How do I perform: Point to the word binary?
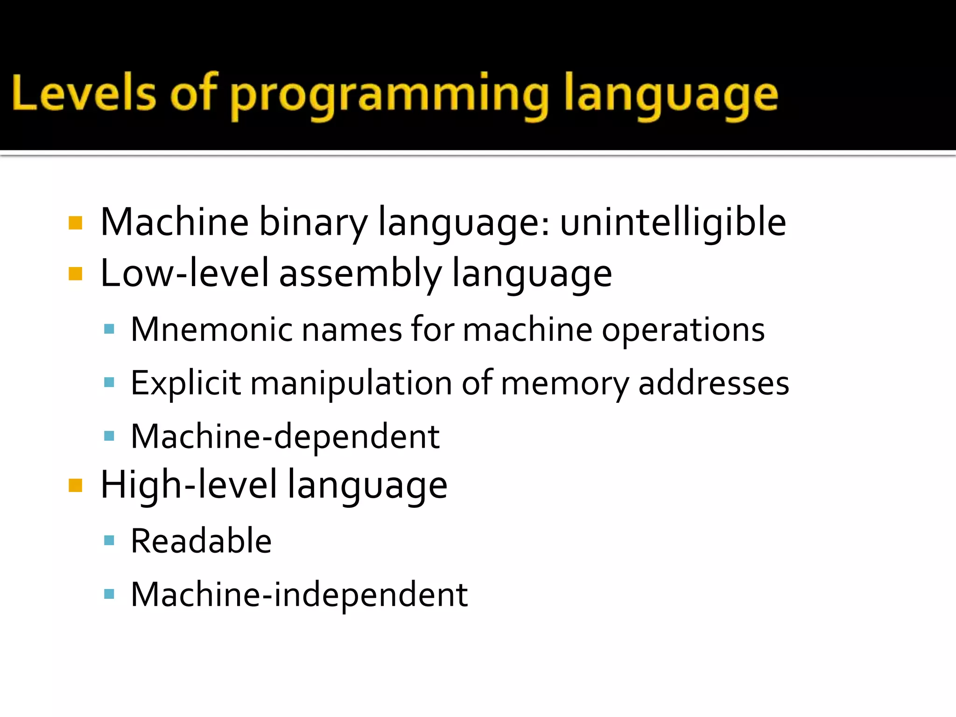[313, 223]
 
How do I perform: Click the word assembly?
[360, 274]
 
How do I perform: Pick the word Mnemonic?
[211, 330]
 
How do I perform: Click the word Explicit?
[186, 383]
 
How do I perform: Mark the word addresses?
[713, 383]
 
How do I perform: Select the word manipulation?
[351, 383]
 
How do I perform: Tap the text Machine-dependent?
[285, 436]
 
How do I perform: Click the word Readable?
[201, 541]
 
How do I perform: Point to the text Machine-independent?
[299, 595]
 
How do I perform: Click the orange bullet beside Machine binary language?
[75, 223]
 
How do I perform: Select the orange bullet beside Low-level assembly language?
[75, 274]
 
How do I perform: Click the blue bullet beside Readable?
[109, 541]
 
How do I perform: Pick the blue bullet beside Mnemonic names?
[109, 329]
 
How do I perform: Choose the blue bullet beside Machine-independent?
[109, 594]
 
